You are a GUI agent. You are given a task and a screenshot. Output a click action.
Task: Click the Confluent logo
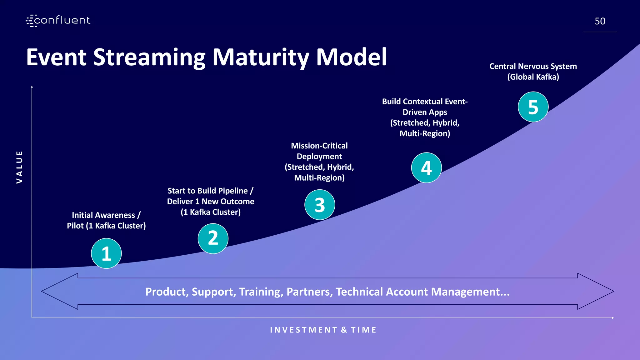tap(58, 21)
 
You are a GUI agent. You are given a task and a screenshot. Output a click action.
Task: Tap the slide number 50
tap(600, 21)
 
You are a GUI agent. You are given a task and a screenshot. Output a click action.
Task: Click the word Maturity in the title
tap(261, 57)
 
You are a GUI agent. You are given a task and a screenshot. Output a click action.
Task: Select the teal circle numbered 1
tap(106, 253)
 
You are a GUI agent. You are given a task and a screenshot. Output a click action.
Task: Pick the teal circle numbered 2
tap(213, 238)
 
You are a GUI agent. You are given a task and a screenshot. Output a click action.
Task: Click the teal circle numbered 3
tap(320, 205)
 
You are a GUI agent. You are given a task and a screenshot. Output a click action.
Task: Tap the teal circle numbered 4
tap(426, 168)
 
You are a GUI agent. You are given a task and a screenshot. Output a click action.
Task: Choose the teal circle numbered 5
tap(533, 107)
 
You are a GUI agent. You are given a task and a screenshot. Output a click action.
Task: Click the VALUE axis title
tap(19, 167)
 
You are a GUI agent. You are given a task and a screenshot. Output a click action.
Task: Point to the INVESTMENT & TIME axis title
tap(323, 330)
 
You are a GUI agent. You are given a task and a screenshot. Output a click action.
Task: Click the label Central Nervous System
tap(533, 66)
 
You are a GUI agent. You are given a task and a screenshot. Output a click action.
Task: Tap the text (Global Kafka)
tap(533, 77)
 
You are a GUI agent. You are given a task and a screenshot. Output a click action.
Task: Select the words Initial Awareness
tap(103, 215)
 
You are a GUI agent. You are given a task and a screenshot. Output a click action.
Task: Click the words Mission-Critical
tap(319, 146)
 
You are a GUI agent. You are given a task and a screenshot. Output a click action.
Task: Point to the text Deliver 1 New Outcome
tap(210, 201)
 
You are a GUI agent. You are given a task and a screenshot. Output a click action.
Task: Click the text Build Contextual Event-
tap(424, 102)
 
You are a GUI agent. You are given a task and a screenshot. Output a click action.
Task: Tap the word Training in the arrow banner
tap(261, 292)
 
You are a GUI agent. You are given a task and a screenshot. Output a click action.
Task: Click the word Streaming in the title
tap(149, 57)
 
